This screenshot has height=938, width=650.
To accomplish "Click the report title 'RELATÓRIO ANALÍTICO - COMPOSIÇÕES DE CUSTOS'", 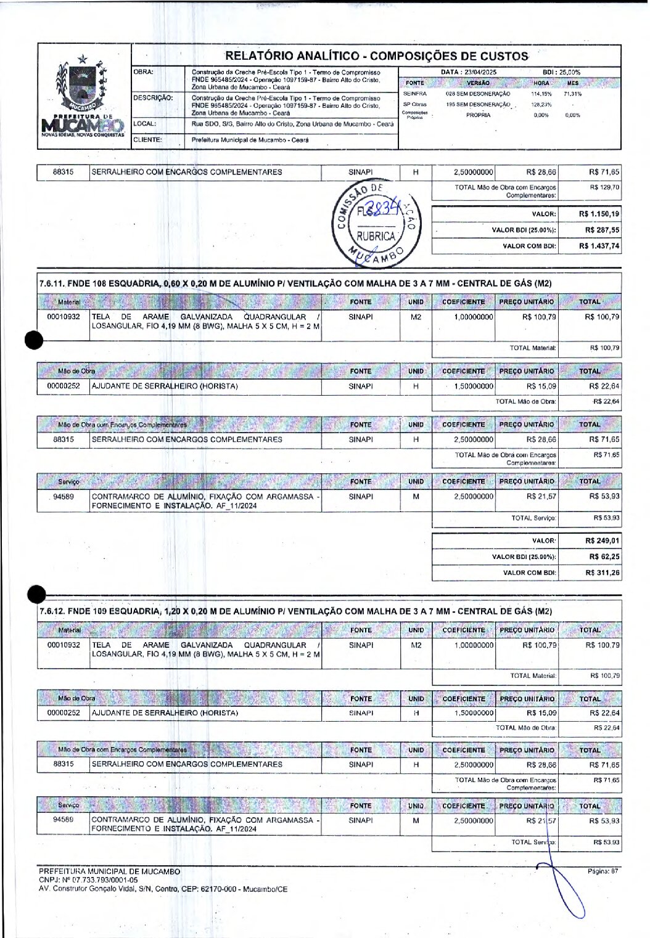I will point(376,56).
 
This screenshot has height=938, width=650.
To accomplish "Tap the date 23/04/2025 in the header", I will point(480,72).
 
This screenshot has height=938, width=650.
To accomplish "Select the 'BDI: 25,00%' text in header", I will point(561,72).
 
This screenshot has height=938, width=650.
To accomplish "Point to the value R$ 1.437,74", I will point(599,246).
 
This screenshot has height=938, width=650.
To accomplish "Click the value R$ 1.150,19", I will point(599,214).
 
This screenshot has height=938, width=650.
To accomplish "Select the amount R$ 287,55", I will point(602,230).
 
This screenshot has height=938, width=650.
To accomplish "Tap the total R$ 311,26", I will point(602,573).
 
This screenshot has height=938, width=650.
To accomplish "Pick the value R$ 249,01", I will point(602,540).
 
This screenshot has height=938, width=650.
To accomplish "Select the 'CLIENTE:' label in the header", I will point(148,140).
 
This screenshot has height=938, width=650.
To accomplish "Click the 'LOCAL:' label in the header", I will point(145,124).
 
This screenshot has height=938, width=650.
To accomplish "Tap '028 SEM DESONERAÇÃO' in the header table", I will point(478,94).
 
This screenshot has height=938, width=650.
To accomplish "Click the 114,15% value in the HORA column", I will point(541,94).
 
